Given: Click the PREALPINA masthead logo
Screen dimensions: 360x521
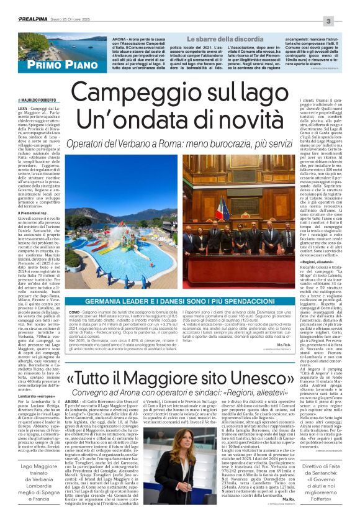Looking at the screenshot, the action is pyautogui.click(x=24, y=6).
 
